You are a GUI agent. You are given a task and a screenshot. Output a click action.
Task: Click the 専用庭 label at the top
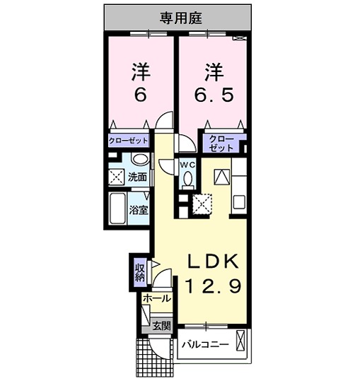[x=178, y=17]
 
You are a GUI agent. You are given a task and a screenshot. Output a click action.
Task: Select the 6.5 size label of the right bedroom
[x=214, y=95]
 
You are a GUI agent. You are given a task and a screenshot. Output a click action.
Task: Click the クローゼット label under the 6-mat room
[x=128, y=141]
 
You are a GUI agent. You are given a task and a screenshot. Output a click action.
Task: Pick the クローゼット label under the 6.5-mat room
[x=221, y=143]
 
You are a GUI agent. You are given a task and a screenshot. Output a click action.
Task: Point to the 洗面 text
[x=137, y=177]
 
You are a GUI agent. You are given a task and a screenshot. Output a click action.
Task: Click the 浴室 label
[x=139, y=210]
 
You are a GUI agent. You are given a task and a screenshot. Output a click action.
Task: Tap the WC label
[x=187, y=165]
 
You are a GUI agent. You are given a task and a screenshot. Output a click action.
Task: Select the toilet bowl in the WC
[x=187, y=180]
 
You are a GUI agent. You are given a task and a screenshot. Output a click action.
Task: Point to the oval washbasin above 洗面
[x=139, y=160]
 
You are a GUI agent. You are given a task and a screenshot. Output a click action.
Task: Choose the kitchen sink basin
[x=238, y=201]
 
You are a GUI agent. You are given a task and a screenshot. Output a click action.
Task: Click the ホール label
[x=156, y=299]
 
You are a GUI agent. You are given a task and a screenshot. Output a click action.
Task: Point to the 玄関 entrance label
[x=161, y=326]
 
